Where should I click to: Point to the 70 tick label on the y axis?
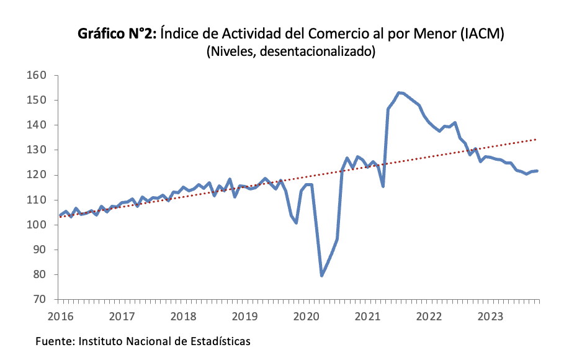[41, 299]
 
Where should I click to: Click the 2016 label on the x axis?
[61, 317]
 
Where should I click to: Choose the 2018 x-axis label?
[184, 317]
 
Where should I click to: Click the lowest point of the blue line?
[321, 276]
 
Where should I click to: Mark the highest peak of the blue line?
[398, 92]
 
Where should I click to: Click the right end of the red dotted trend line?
[536, 140]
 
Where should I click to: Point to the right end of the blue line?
[537, 171]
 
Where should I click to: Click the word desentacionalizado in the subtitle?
[316, 52]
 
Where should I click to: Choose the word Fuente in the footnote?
[53, 341]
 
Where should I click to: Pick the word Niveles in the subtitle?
[232, 52]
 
